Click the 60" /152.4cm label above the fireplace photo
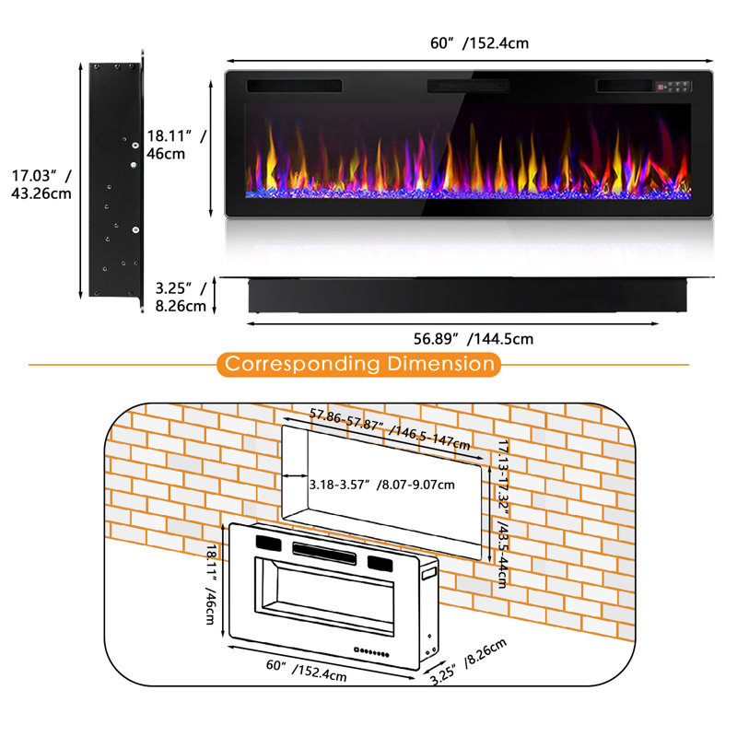[x=479, y=43]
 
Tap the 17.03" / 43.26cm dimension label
[x=41, y=184]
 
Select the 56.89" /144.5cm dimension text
[x=474, y=339]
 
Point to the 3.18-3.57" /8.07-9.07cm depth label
[x=381, y=485]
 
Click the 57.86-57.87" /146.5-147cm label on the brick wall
[x=390, y=429]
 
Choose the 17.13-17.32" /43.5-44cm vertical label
[x=503, y=514]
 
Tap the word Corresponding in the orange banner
[x=302, y=364]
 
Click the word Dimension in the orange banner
[x=440, y=364]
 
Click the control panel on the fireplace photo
[x=673, y=87]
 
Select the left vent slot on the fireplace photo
[x=294, y=86]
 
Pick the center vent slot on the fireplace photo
[x=468, y=86]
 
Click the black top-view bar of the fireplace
[x=467, y=295]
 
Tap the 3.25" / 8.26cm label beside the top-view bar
[x=181, y=297]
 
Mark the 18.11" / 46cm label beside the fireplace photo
[x=177, y=145]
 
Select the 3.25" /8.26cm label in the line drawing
[x=469, y=661]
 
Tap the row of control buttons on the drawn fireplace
[x=371, y=652]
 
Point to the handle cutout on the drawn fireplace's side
[x=429, y=574]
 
